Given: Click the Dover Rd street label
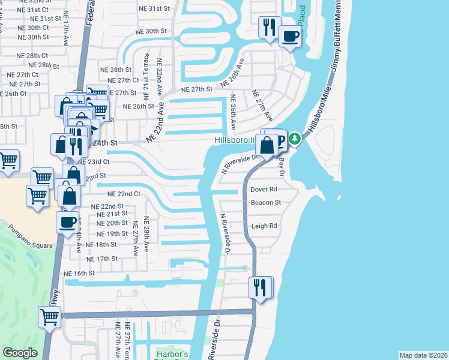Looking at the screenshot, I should pos(264,190).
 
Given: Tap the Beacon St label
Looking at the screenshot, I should pos(265,203).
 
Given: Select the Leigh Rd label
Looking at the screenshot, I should pos(264,226).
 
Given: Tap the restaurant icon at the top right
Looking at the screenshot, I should pos(268,27).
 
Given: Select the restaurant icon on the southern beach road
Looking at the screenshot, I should pos(259,287).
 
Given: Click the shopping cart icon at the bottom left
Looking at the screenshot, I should pos(49,316).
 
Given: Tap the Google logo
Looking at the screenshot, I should pos(20,352).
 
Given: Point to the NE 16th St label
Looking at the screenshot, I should pos(79,273).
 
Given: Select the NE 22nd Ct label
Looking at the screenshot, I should pos(123,194).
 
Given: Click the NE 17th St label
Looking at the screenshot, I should pos(101,259).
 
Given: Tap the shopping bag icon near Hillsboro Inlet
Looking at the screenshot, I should pos(266,145).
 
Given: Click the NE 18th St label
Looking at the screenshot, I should pos(101,245).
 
